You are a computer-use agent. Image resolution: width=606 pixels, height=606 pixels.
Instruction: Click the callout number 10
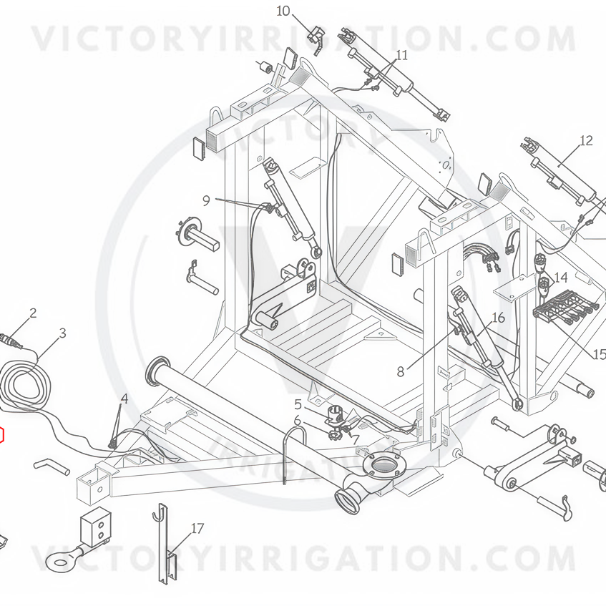tap(283, 11)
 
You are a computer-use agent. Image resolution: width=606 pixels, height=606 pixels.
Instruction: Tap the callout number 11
tap(402, 55)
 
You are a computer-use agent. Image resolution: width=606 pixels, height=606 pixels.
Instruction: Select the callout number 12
tap(586, 140)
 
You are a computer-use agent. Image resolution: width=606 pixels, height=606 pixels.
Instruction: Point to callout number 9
tap(206, 200)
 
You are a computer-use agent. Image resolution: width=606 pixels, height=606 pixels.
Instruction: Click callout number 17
tap(197, 528)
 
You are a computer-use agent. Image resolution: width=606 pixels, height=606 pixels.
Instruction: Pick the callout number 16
tap(498, 317)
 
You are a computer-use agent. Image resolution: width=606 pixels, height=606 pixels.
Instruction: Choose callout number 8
tap(401, 372)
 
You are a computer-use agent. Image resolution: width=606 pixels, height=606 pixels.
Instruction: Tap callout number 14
tap(560, 277)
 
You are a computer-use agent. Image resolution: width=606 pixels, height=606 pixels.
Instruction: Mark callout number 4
tap(124, 399)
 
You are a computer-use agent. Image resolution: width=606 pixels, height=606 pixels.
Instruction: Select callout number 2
tap(33, 313)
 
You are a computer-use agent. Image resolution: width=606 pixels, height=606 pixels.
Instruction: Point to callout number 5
tap(298, 405)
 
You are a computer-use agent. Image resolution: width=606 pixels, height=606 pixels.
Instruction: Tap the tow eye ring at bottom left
tap(58, 559)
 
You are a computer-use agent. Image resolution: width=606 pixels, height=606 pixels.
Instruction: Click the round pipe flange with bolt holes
tap(382, 464)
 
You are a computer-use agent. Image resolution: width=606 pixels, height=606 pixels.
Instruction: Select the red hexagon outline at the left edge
tap(3, 435)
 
